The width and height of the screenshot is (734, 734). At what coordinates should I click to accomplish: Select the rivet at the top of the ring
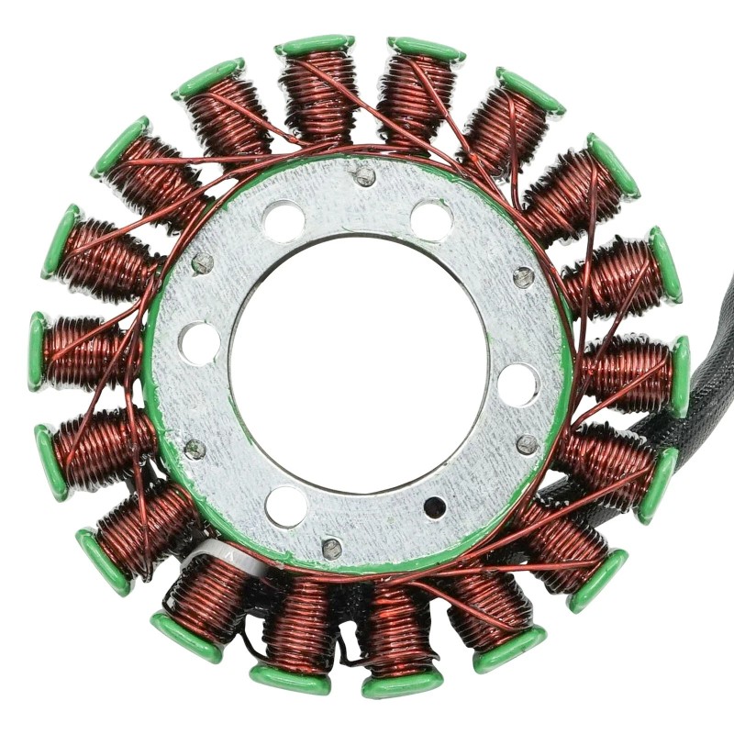tap(365, 175)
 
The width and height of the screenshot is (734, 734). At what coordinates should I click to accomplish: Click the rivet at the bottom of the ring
tap(331, 548)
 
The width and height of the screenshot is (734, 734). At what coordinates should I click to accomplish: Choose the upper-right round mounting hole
tap(430, 221)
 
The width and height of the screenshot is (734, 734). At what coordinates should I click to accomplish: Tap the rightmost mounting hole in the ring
tap(518, 384)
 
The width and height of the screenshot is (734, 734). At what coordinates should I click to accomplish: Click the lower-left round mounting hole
tap(286, 506)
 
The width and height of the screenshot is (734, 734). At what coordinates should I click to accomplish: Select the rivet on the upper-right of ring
tap(522, 276)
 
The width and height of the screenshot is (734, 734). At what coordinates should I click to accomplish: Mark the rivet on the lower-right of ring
tap(527, 445)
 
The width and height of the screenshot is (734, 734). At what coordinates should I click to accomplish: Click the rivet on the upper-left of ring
tap(202, 263)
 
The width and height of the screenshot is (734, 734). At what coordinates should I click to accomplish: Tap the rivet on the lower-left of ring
tap(195, 449)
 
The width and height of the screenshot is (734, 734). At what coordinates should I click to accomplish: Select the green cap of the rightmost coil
tap(680, 376)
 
